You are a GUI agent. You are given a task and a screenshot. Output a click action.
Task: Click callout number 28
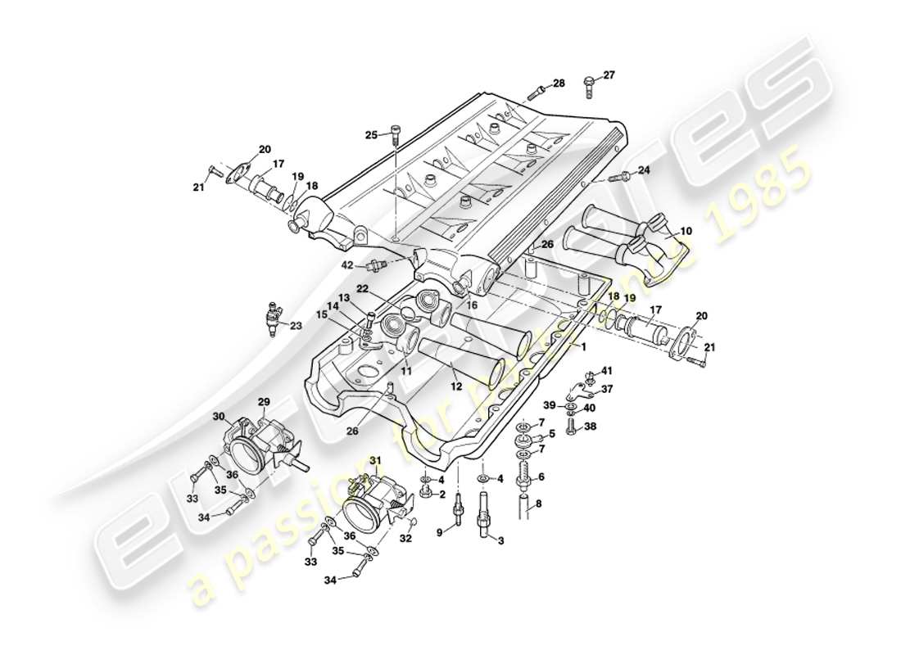[x=559, y=84]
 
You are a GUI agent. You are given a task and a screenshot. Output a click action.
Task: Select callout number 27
[x=609, y=75]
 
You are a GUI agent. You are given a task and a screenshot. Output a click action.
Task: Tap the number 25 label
[x=371, y=135]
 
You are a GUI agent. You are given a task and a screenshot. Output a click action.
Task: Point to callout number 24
[x=644, y=170]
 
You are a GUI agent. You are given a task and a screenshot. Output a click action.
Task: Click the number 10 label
[x=685, y=232]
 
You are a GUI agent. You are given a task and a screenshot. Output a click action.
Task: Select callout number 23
[x=297, y=325]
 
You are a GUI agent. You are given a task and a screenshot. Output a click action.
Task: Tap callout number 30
[x=219, y=416]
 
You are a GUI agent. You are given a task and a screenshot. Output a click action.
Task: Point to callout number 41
[x=607, y=371]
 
